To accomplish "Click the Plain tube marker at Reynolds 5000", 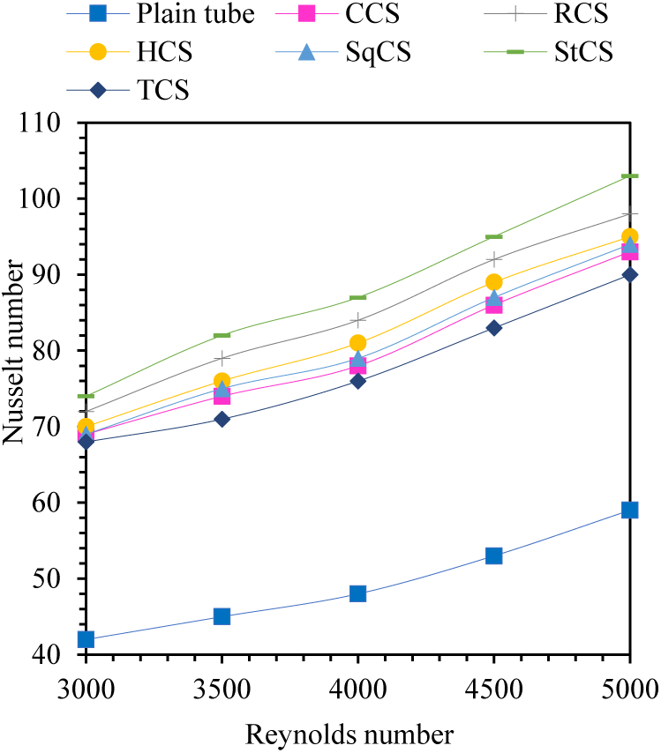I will coord(629,510).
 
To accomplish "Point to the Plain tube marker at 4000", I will coord(357,593).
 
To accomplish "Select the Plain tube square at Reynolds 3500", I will coord(222,616).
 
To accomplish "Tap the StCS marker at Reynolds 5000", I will coord(629,176).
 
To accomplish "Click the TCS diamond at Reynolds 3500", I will coord(222,419).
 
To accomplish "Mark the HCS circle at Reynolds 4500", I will coord(493,282).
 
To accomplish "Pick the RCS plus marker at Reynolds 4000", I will coord(357,320).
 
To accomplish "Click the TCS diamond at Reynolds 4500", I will coord(493,328).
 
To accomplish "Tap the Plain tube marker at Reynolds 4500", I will coord(493,555).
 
